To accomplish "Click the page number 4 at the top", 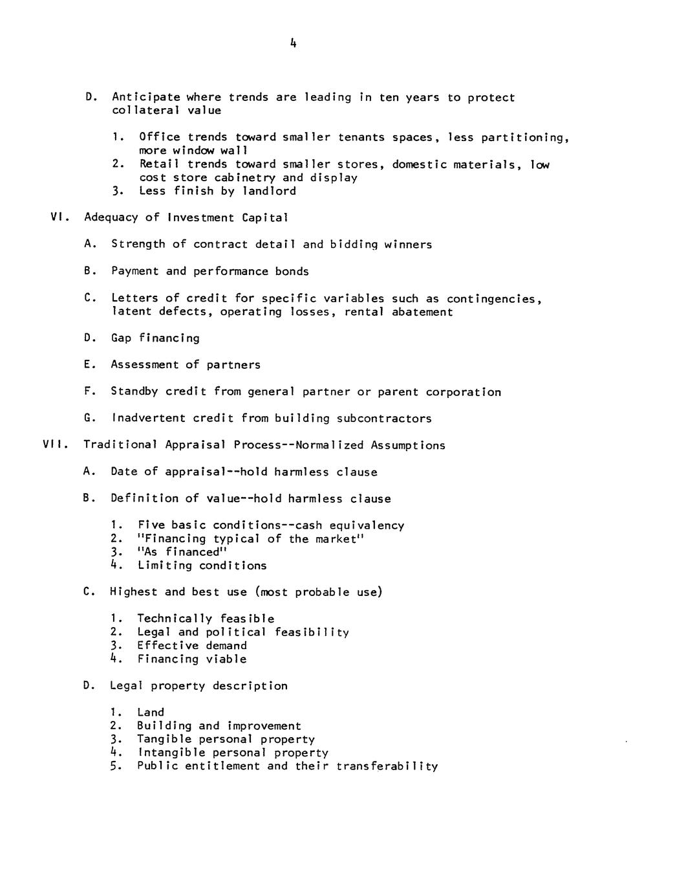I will (294, 43).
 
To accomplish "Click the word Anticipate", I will (146, 98).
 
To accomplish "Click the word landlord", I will (269, 191).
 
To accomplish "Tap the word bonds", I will (292, 271).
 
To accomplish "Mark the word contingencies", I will (494, 299).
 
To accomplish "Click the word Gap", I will (121, 338).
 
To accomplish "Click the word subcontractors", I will (384, 418).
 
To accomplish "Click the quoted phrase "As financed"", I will (183, 552).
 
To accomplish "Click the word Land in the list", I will (151, 712).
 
